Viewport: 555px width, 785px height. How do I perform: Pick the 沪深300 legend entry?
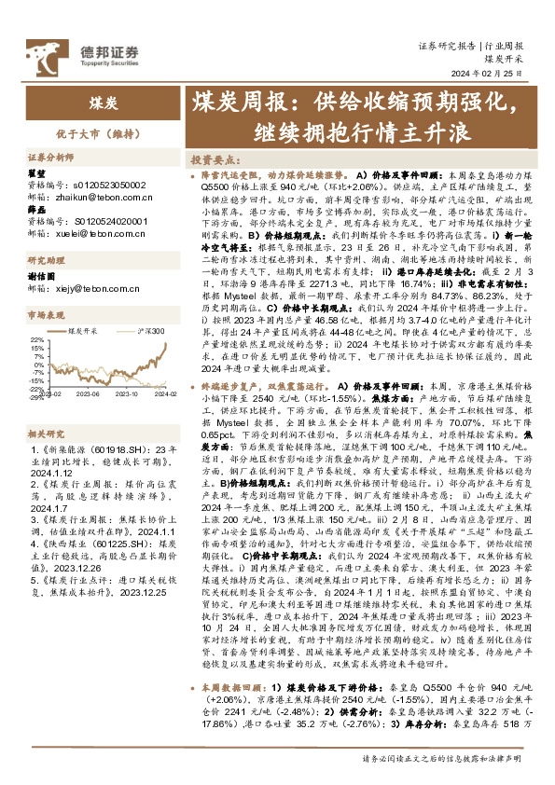point(150,330)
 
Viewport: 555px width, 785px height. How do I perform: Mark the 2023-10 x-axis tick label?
point(127,394)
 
